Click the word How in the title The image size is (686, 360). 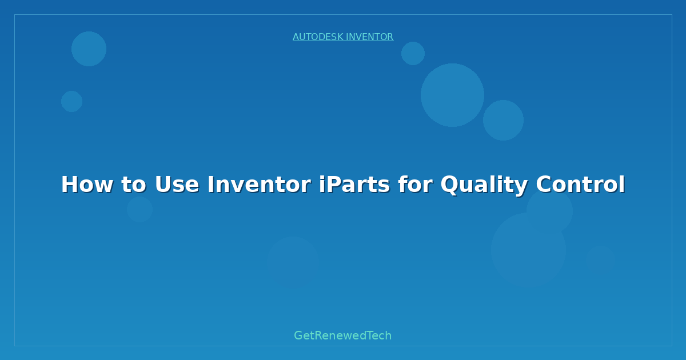pos(86,185)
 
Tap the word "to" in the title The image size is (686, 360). pos(133,185)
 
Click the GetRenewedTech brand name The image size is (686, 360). pos(343,335)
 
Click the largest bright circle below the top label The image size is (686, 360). pos(452,95)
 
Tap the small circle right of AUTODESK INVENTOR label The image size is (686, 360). pos(413,53)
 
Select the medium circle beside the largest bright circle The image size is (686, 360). pos(503,120)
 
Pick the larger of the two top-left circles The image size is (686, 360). pos(89,49)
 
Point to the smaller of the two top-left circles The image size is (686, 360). pos(71,101)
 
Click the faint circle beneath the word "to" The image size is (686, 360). pos(139,209)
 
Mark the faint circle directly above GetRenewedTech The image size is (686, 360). pos(293,262)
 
